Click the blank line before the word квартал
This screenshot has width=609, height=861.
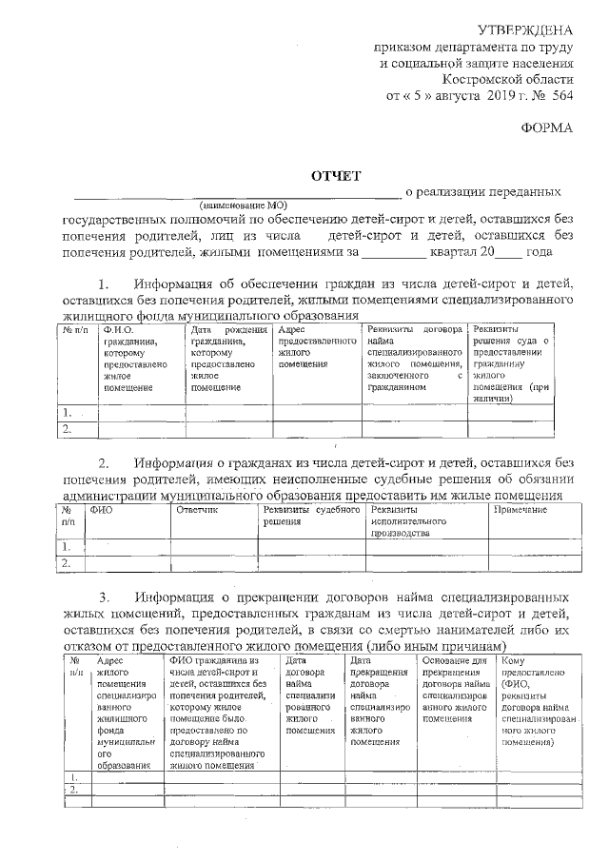tap(394, 253)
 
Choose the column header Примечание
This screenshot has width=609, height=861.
tap(520, 511)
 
